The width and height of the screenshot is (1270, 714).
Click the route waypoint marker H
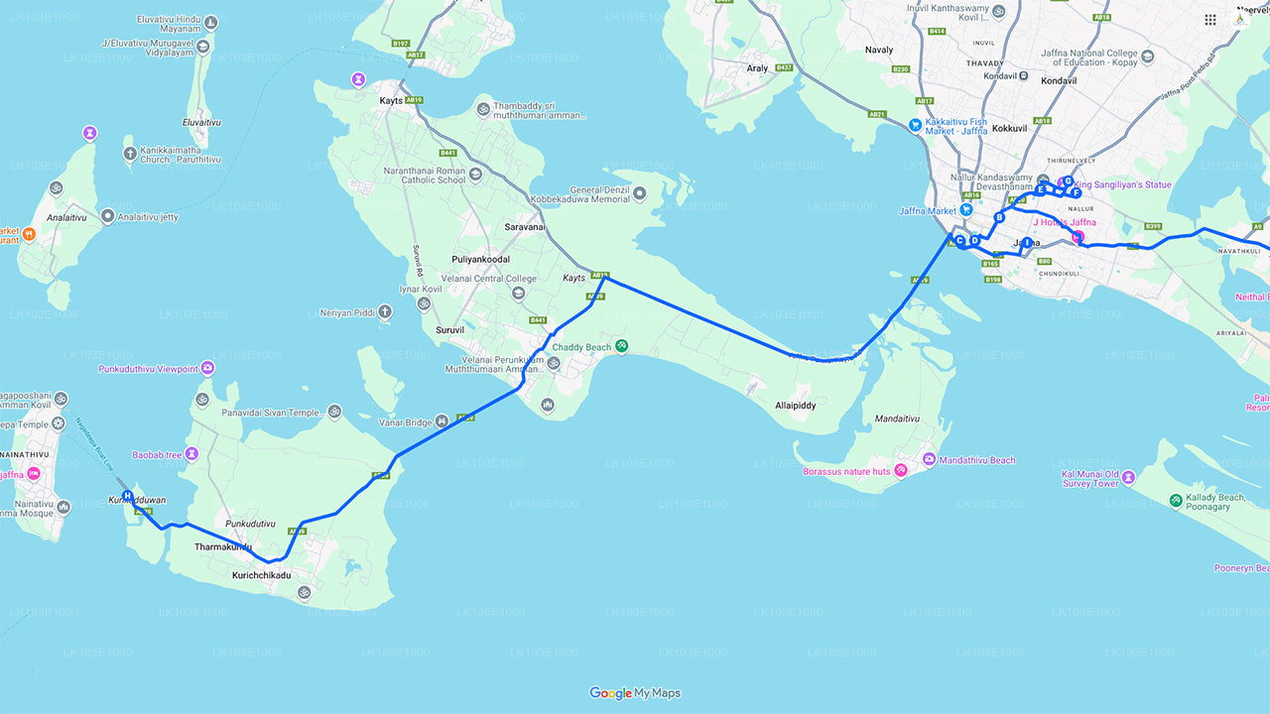click(127, 495)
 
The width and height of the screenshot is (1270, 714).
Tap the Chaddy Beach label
click(582, 347)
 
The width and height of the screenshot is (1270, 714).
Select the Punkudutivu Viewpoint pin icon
click(207, 369)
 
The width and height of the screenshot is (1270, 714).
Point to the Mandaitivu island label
click(896, 419)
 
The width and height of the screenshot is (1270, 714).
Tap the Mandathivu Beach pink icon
click(929, 459)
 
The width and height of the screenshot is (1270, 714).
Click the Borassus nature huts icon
click(901, 470)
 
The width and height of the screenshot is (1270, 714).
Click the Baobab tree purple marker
click(192, 454)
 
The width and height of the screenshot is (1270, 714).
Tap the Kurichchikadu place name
click(262, 575)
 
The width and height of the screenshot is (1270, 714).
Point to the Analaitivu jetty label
click(148, 216)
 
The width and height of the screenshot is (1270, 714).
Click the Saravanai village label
click(525, 227)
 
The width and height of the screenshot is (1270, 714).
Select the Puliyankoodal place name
click(480, 260)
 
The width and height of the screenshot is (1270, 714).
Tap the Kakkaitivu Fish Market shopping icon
click(914, 126)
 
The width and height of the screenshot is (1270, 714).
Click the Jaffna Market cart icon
click(965, 210)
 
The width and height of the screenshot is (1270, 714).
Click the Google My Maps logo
click(635, 693)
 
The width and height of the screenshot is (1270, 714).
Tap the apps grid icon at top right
click(1210, 20)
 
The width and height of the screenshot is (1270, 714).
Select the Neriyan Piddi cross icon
click(384, 312)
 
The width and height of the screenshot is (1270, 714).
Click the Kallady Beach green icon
click(1176, 501)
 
